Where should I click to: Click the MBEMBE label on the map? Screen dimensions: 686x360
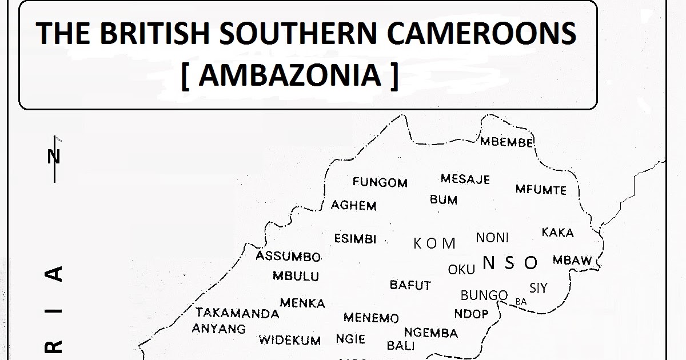(x=506, y=142)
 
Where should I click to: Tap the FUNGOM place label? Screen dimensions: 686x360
(x=380, y=183)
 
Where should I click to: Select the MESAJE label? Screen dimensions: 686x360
(x=465, y=179)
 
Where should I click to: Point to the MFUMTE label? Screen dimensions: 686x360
(x=541, y=190)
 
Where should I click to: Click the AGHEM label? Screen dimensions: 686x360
(x=354, y=206)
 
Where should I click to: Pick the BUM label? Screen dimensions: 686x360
(x=444, y=200)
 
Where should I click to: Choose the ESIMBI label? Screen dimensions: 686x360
(x=356, y=239)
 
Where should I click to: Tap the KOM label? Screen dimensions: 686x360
(x=434, y=244)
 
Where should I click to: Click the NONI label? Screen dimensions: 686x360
(x=492, y=238)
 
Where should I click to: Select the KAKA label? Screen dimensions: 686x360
(x=557, y=233)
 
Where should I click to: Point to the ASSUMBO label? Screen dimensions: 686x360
(x=288, y=257)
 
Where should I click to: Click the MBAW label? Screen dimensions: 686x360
(x=572, y=261)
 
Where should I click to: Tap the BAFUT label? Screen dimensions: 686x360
(x=410, y=285)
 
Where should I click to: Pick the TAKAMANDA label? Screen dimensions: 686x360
(x=237, y=313)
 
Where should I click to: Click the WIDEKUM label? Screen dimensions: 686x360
(x=290, y=341)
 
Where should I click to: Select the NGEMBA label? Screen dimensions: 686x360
(x=431, y=333)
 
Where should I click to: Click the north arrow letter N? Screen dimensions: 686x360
(x=54, y=155)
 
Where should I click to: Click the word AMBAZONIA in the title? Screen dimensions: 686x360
(x=290, y=75)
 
